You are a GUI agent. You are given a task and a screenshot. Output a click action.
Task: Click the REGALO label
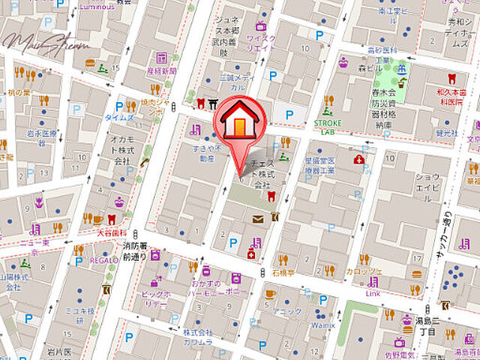[x=103, y=259]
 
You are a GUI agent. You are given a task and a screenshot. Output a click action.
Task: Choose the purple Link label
[x=373, y=293]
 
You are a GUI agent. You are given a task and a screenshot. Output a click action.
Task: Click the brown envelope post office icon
[x=257, y=219]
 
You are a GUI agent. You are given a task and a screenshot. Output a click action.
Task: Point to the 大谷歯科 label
[x=112, y=233]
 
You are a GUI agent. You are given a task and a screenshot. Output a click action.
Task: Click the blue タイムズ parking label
[x=118, y=118]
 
